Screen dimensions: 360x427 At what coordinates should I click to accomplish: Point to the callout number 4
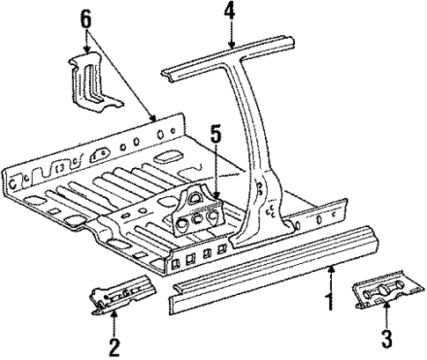[229, 12]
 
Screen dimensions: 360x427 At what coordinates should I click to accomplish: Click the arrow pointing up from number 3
[387, 315]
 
